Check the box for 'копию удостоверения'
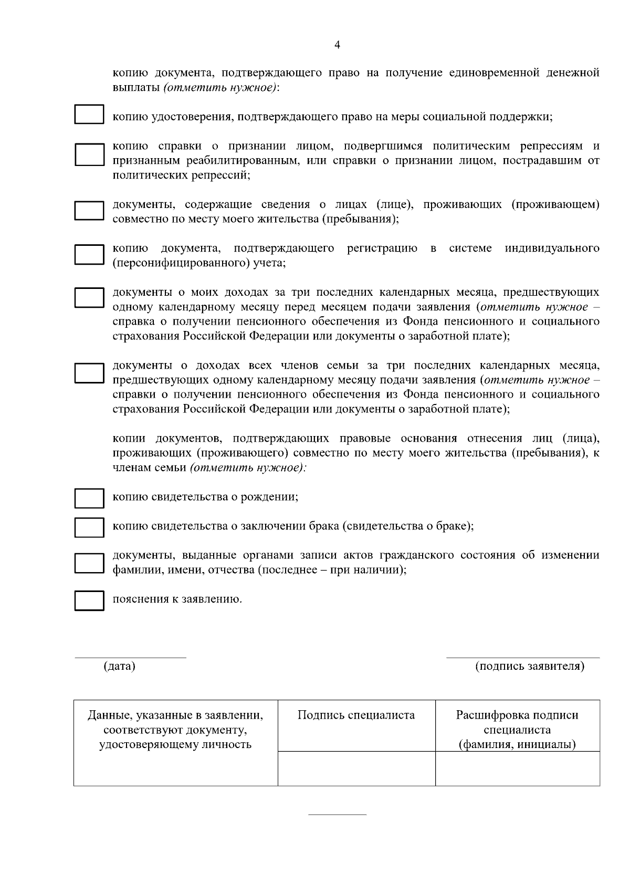pyautogui.click(x=89, y=115)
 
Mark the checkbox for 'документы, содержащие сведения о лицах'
pyautogui.click(x=89, y=211)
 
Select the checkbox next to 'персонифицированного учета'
pyautogui.click(x=89, y=254)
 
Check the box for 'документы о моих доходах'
pyautogui.click(x=89, y=298)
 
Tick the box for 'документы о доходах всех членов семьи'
pyautogui.click(x=89, y=372)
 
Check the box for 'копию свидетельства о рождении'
pyautogui.click(x=89, y=498)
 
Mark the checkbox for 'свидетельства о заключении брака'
pyautogui.click(x=89, y=527)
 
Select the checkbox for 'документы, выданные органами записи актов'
pyautogui.click(x=89, y=563)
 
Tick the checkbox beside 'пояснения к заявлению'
pyautogui.click(x=89, y=600)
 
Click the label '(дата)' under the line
pyautogui.click(x=120, y=666)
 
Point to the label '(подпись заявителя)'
pyautogui.click(x=529, y=666)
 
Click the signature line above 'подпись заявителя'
pyautogui.click(x=522, y=657)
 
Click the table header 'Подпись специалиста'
pyautogui.click(x=356, y=715)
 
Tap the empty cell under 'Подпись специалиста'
pyautogui.click(x=356, y=769)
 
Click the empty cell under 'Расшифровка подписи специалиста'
pyautogui.click(x=517, y=769)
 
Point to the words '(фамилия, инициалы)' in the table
pyautogui.click(x=517, y=744)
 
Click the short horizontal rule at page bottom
pyautogui.click(x=337, y=815)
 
